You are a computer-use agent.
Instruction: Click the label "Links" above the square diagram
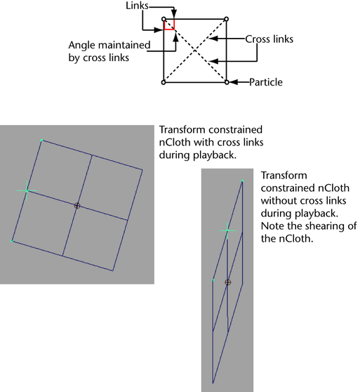coord(137,6)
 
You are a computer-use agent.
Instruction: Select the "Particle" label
coord(266,82)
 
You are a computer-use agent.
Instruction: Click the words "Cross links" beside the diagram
coord(269,39)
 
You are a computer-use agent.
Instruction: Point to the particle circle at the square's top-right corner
coord(226,19)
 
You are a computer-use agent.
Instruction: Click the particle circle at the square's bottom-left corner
coord(164,82)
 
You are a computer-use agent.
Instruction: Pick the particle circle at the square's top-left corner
coord(164,19)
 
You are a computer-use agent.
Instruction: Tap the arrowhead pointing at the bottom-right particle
coord(234,82)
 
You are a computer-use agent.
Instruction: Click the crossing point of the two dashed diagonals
coord(195,51)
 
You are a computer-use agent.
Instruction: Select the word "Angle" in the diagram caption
coord(82,46)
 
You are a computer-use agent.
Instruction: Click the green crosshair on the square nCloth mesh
coord(27,190)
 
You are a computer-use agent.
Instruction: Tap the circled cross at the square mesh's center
coord(77,206)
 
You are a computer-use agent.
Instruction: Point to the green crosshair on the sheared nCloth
coord(227,230)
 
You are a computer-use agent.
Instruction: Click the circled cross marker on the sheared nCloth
coord(227,282)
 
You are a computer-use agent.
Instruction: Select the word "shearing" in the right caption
coord(322,226)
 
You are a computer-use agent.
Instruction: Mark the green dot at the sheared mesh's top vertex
coord(242,181)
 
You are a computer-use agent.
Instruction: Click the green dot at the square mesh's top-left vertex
coord(41,141)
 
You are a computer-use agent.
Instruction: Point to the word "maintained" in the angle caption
coord(124,45)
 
